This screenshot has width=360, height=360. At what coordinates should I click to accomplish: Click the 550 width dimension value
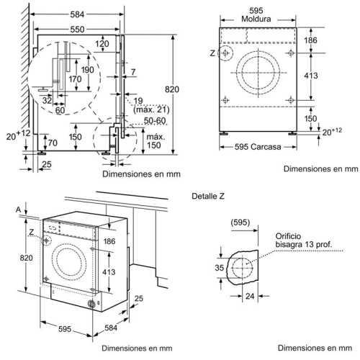coord(77,30)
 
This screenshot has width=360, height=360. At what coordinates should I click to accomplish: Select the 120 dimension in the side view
coord(102,44)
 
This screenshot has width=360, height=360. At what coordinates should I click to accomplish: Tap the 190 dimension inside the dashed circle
coord(87,70)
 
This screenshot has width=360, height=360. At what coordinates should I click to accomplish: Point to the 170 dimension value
coord(75,79)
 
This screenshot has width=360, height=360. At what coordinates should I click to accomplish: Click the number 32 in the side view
coord(47,100)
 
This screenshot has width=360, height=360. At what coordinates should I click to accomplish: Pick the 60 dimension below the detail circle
coord(60,110)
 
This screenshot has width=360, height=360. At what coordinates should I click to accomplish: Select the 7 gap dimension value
coord(133,72)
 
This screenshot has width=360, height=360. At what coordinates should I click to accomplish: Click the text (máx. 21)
coord(151,110)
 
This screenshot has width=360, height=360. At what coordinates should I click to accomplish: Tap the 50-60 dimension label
coord(155,121)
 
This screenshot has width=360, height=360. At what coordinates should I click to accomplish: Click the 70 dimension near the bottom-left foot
coord(53,143)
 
